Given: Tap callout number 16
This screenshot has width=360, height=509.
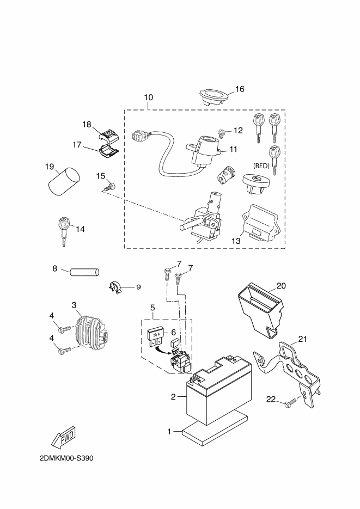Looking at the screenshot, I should pyautogui.click(x=240, y=89).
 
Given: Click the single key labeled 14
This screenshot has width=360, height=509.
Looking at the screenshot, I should pyautogui.click(x=64, y=228).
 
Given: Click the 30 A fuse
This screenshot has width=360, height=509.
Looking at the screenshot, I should pyautogui.click(x=156, y=333).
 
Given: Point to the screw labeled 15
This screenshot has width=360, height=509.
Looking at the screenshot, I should pyautogui.click(x=108, y=187).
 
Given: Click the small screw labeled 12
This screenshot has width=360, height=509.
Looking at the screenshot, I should pyautogui.click(x=222, y=132).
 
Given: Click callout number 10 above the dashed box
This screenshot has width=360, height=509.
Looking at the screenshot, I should pyautogui.click(x=149, y=97).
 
